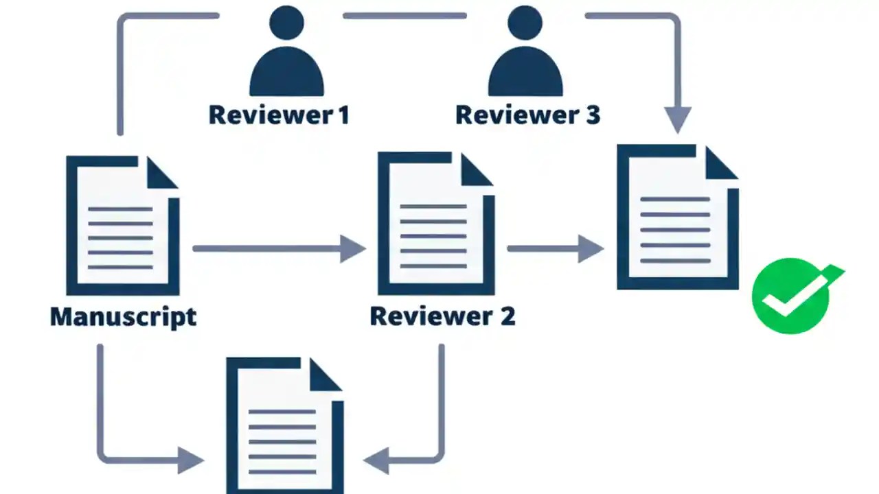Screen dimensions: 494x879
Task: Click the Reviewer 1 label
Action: (279, 115)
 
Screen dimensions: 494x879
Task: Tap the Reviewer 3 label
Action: (527, 115)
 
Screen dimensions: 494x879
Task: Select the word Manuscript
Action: (123, 316)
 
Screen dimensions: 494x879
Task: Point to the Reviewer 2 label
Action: (442, 316)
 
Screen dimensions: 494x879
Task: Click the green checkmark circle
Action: (790, 296)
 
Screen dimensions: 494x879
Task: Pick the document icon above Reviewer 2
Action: (435, 223)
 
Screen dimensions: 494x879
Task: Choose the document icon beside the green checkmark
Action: (677, 217)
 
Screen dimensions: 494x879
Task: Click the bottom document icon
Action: (284, 425)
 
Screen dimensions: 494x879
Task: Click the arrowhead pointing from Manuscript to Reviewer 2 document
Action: (353, 248)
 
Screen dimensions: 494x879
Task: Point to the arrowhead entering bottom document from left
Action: (191, 460)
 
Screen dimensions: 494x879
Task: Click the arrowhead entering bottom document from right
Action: (377, 460)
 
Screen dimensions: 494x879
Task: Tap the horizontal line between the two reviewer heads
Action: (404, 15)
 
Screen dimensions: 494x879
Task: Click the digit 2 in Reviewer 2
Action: (506, 316)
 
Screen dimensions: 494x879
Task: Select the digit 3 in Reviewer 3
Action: (592, 115)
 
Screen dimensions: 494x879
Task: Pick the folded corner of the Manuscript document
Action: (161, 172)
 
